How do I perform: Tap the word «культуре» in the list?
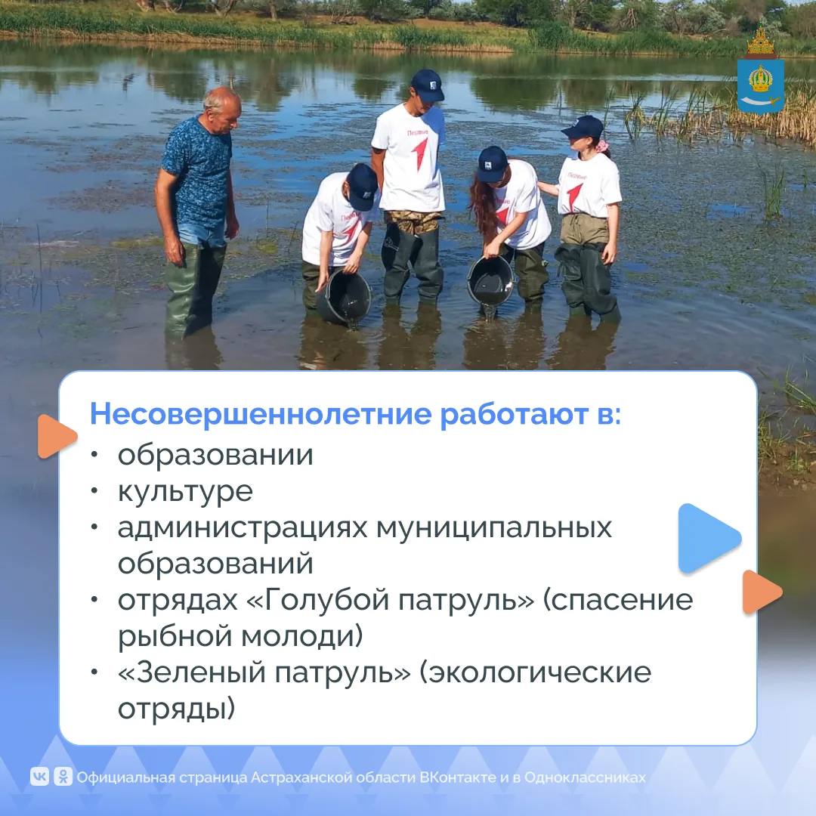pyautogui.click(x=185, y=492)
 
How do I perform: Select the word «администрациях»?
pyautogui.click(x=242, y=528)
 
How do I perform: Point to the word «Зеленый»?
pyautogui.click(x=196, y=672)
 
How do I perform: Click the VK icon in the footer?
pyautogui.click(x=39, y=777)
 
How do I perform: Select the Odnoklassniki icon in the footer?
pyautogui.click(x=63, y=777)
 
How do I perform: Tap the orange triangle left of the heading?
pyautogui.click(x=57, y=436)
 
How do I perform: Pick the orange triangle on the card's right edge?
pyautogui.click(x=762, y=592)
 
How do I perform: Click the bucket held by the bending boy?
pyautogui.click(x=345, y=297)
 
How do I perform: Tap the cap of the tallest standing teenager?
pyautogui.click(x=427, y=85)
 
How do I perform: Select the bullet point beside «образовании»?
pyautogui.click(x=94, y=455)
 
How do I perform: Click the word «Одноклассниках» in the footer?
pyautogui.click(x=585, y=777)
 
